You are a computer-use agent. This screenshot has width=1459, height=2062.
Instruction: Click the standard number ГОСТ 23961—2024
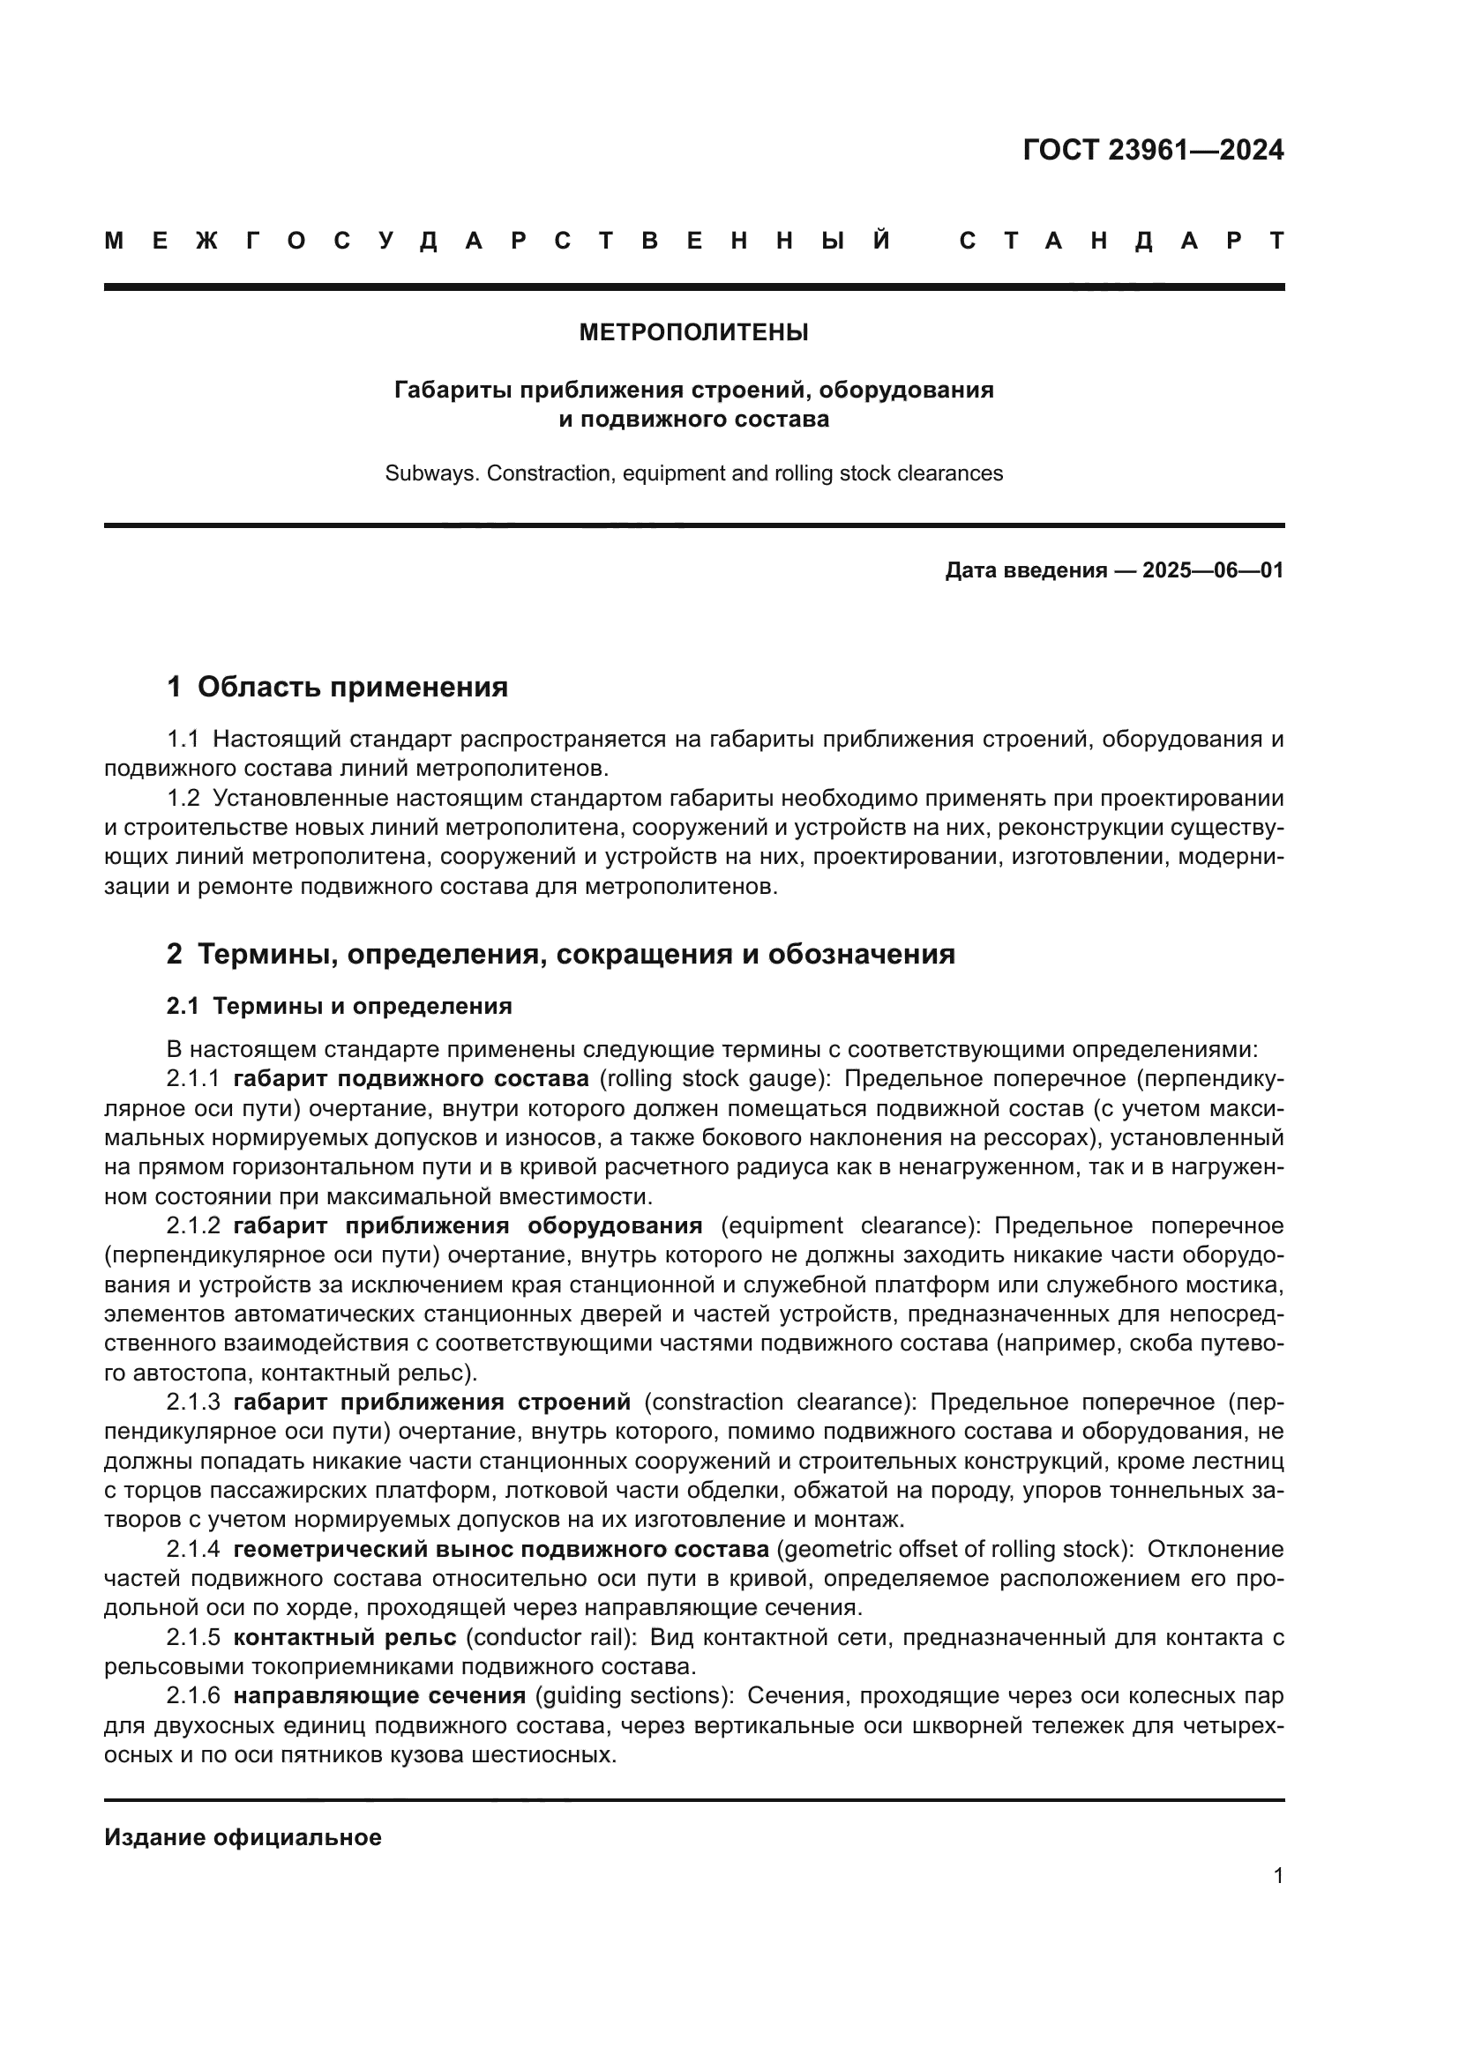[x=1153, y=150]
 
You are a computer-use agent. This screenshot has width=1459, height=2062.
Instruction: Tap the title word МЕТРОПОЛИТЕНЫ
[x=693, y=333]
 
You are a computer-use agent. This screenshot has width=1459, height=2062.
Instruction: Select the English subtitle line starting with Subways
[x=693, y=473]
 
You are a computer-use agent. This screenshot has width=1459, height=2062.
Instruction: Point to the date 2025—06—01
[x=1213, y=570]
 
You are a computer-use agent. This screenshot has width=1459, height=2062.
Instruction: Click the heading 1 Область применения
[x=337, y=687]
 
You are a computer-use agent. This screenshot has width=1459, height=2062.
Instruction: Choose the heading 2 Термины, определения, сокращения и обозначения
[x=561, y=954]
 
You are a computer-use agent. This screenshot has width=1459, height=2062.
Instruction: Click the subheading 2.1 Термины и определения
[x=339, y=1006]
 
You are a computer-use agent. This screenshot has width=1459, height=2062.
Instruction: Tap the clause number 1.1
[x=183, y=739]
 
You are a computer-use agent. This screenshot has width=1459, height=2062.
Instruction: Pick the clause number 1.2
[x=183, y=799]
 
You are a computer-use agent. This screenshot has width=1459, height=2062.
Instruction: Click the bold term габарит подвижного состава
[x=410, y=1078]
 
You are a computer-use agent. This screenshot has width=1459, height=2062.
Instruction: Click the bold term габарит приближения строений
[x=431, y=1402]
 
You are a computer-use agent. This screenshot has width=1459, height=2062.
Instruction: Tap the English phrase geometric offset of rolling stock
[x=955, y=1549]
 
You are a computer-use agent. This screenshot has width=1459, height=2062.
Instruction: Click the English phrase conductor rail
[x=550, y=1637]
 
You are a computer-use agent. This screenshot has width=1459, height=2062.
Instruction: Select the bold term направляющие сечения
[x=379, y=1695]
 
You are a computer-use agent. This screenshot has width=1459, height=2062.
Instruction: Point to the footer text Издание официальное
[x=243, y=1837]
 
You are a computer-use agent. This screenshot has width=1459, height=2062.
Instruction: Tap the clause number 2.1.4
[x=192, y=1549]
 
